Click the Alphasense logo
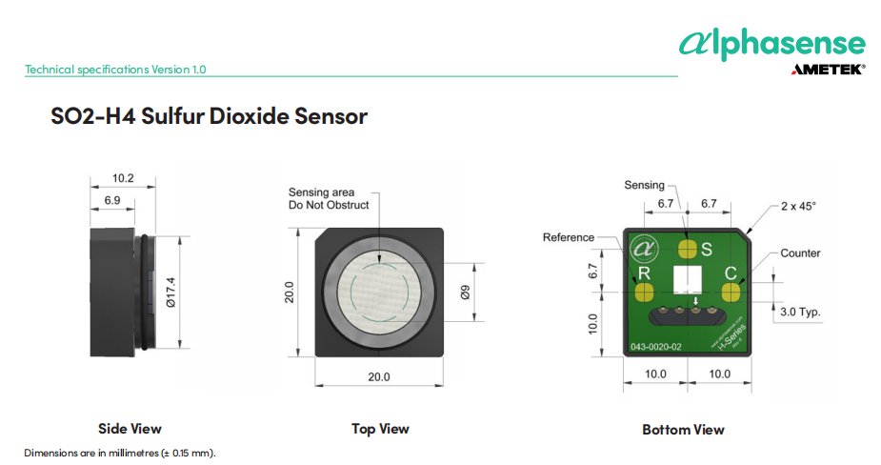tap(771, 43)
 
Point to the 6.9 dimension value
tap(111, 200)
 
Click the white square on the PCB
tap(687, 280)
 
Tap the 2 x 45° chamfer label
tap(798, 206)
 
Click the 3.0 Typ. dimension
tap(800, 312)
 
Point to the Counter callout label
tap(800, 253)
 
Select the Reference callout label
tap(568, 237)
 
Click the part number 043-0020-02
tap(655, 347)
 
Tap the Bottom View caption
tap(683, 430)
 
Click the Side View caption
tap(130, 429)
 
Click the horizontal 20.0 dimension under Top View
tap(379, 377)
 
